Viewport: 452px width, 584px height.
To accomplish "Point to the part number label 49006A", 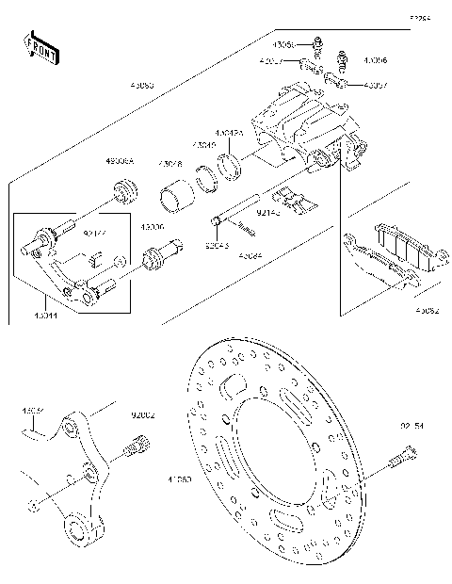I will click(120, 162).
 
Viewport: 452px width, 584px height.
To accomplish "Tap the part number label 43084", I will click(249, 254).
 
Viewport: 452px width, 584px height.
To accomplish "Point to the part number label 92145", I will click(267, 214).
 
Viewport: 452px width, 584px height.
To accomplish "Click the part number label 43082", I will click(426, 308).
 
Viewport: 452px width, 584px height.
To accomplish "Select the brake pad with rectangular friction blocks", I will click(396, 251).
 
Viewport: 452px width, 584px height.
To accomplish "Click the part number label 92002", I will click(143, 414).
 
